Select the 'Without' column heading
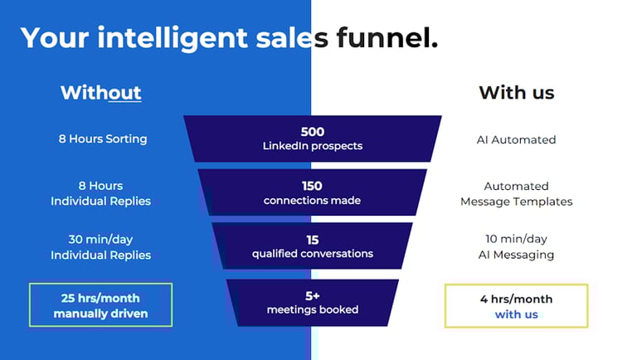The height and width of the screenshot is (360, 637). coord(100,92)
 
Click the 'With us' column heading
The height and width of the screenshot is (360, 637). coord(516,92)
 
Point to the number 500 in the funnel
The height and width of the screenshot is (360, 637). coord(313,132)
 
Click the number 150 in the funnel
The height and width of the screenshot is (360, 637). coord(312,186)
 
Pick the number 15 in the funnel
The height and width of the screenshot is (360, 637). coord(313,240)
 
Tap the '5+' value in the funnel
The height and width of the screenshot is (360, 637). coord(313,294)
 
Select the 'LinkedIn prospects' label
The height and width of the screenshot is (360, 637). coord(313,146)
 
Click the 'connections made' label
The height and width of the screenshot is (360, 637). coord(312,201)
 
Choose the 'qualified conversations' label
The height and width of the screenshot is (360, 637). coord(313,254)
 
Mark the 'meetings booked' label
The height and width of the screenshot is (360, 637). coord(313,309)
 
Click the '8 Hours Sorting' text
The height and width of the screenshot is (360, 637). coord(103,139)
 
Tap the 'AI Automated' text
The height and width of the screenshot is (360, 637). coord(516,139)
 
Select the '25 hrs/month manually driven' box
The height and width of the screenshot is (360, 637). coord(100,304)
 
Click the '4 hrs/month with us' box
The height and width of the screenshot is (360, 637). coord(516,305)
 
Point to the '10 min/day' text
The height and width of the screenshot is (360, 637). coord(516,240)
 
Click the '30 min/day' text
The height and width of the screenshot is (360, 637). coord(100,240)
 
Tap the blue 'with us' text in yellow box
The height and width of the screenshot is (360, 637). coord(516,314)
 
